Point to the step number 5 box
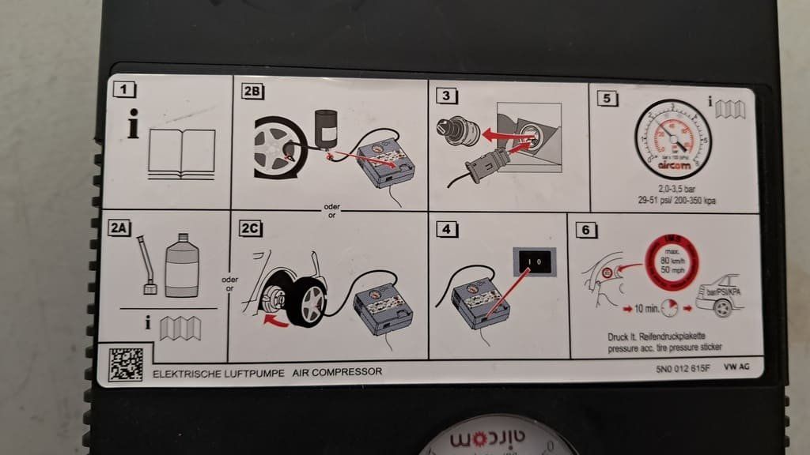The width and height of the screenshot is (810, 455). [x=606, y=99]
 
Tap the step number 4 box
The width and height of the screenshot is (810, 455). [x=449, y=231]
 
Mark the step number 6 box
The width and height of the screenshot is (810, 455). [x=585, y=231]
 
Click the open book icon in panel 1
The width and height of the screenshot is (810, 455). [x=181, y=152]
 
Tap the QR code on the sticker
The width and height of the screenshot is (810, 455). [x=126, y=364]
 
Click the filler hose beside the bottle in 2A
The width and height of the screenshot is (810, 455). [x=146, y=264]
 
